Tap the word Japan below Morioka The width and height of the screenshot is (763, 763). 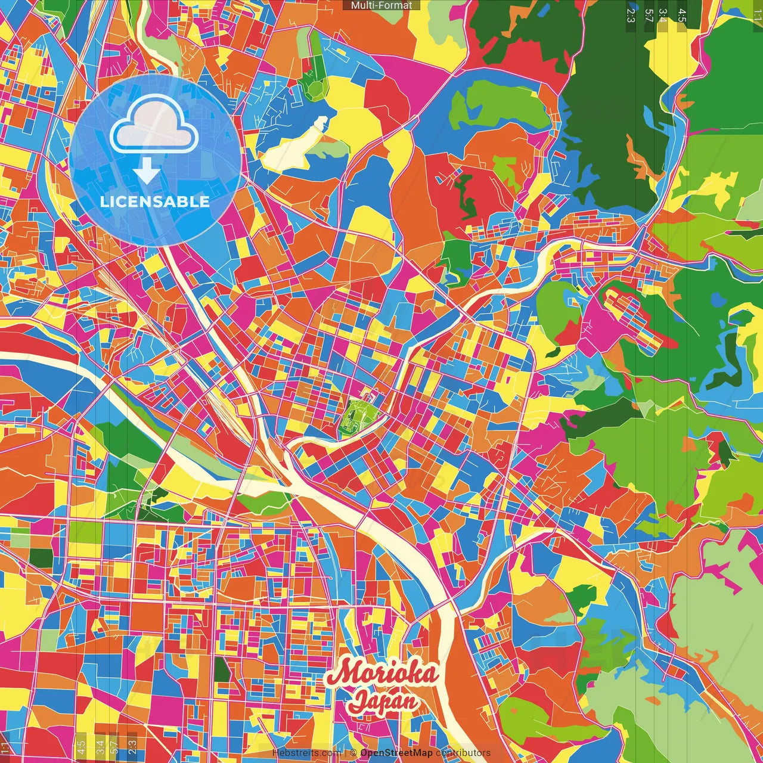tap(383, 701)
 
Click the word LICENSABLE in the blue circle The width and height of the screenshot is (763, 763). tap(155, 201)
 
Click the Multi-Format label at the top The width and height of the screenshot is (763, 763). tap(381, 5)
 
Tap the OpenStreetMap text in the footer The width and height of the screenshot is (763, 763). tap(396, 753)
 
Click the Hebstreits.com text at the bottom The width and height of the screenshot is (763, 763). tap(306, 753)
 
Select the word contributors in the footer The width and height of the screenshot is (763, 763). tap(463, 753)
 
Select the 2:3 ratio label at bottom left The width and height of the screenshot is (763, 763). tap(132, 745)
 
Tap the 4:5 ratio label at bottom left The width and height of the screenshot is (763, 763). tap(81, 745)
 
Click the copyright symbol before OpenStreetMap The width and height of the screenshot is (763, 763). tap(353, 753)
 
